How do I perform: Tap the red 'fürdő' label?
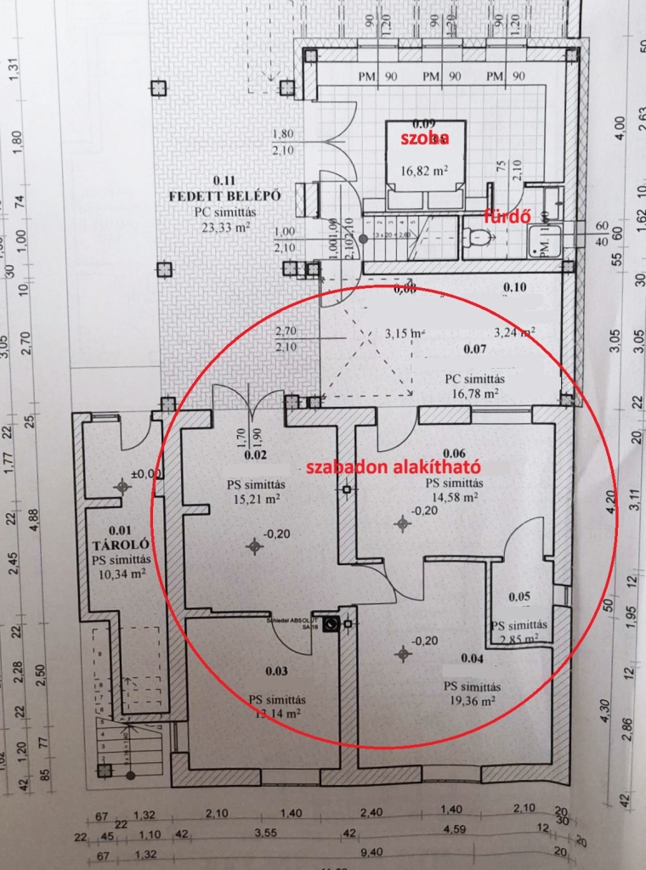click(502, 215)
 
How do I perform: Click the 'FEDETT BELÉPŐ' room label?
click(224, 195)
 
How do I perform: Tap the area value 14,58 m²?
click(451, 498)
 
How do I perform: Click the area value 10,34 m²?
click(121, 574)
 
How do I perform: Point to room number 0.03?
click(276, 671)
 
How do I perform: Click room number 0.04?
click(472, 658)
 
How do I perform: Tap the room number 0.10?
click(515, 287)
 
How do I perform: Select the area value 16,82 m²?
click(423, 170)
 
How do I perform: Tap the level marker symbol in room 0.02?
click(252, 546)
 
